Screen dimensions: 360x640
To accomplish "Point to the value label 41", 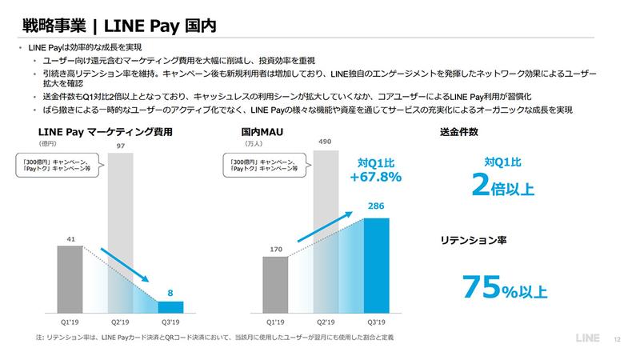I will [x=70, y=239].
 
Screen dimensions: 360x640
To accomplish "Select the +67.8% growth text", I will [x=374, y=177].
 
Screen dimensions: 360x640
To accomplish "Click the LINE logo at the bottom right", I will [x=590, y=338].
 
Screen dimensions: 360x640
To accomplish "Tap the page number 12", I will [x=618, y=338].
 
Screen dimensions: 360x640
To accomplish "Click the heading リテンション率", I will [x=472, y=238].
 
